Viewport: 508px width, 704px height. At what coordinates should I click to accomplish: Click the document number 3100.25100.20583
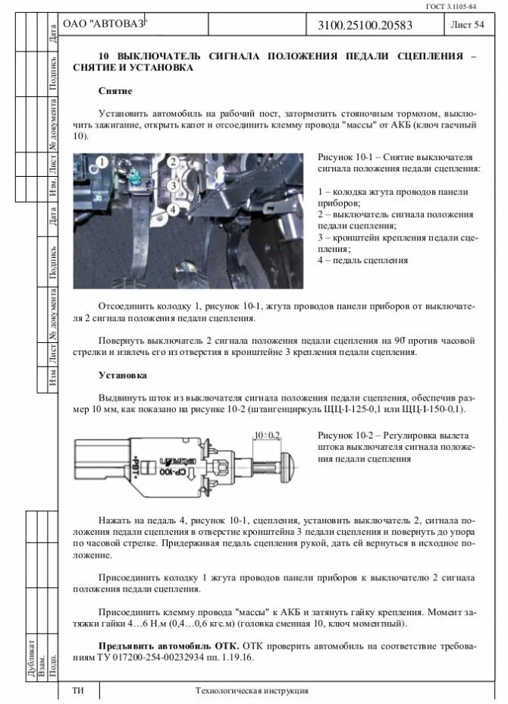[370, 26]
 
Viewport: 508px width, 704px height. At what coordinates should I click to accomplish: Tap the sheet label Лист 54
[467, 26]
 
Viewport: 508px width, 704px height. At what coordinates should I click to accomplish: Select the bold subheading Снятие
[115, 91]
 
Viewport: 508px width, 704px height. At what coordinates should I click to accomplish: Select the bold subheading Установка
[122, 375]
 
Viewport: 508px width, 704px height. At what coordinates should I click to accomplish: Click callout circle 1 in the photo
[102, 162]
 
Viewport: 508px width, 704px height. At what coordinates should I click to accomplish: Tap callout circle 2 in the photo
[173, 162]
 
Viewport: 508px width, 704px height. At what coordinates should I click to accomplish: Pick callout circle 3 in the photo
[173, 184]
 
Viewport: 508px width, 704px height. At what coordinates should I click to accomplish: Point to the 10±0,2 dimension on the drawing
[267, 435]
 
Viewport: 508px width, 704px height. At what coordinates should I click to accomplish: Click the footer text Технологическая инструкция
[252, 691]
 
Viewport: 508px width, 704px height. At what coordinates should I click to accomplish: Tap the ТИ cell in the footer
[77, 691]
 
